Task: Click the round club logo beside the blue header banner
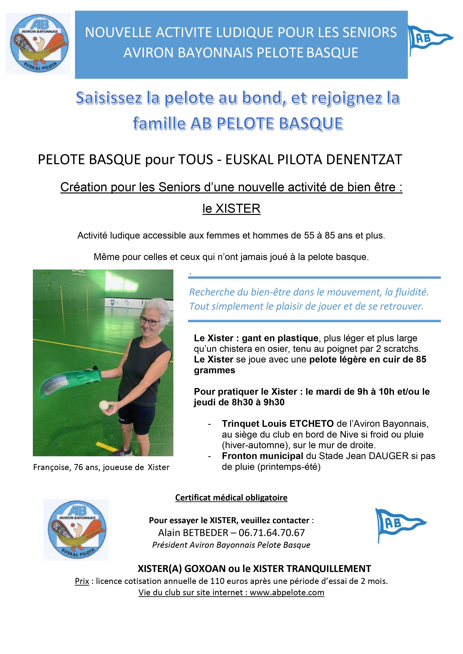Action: tap(38, 44)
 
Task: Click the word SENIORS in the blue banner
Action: tap(370, 32)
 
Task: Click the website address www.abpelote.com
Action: tap(287, 592)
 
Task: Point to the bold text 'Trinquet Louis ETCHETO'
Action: tap(278, 424)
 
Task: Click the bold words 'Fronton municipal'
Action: tap(262, 456)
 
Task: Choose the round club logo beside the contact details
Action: tap(76, 530)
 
